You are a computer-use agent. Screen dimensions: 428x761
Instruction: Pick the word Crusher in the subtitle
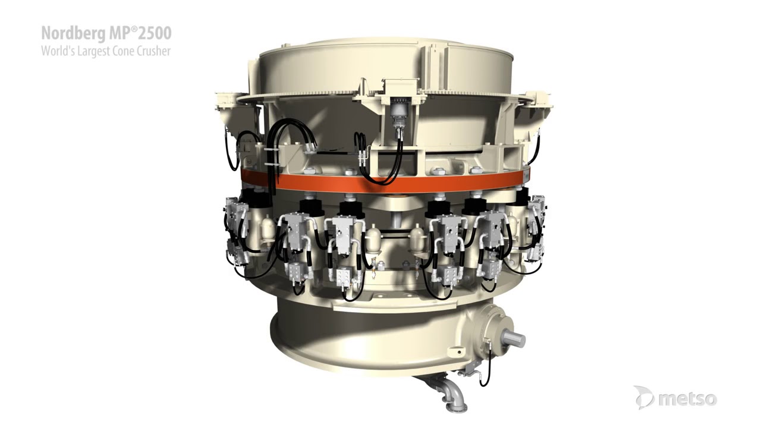pos(154,51)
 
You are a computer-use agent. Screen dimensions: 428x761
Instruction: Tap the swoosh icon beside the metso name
pos(644,397)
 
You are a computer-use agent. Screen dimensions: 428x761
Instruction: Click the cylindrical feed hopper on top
pos(380,65)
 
